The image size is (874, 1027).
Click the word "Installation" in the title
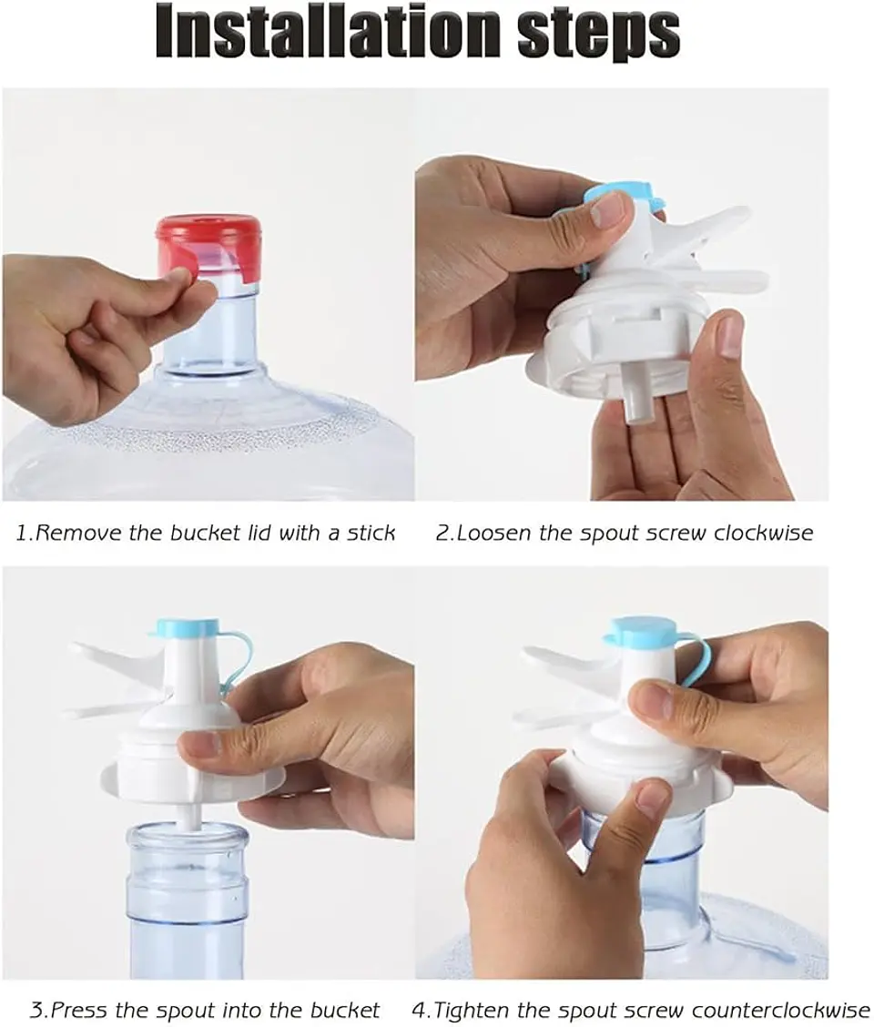coord(328,32)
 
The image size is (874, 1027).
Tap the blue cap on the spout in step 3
coord(187,627)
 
